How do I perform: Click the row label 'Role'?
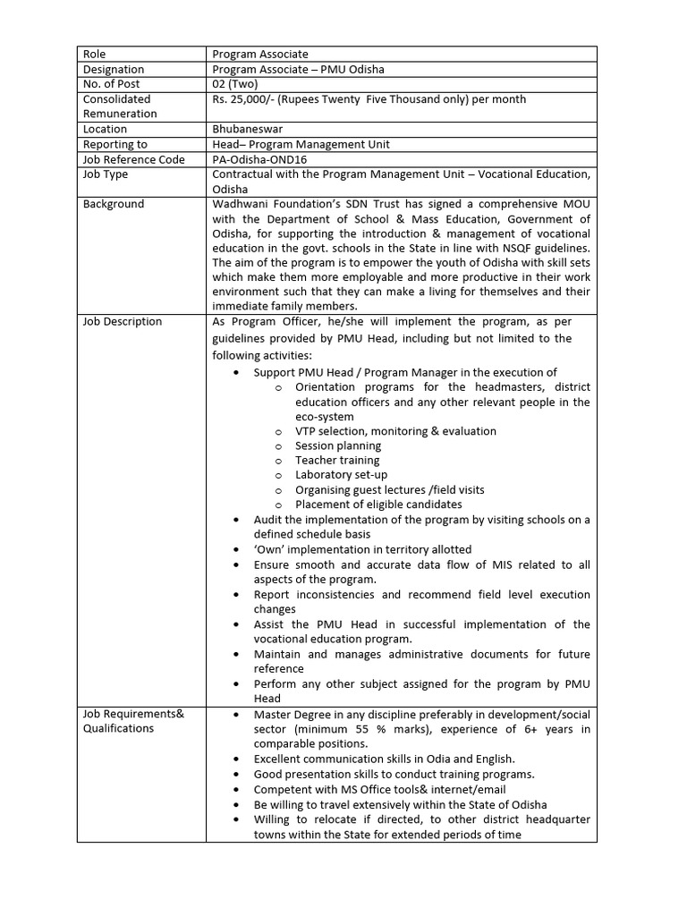[x=94, y=55]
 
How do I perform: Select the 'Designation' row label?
[x=114, y=70]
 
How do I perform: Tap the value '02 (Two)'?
[x=235, y=84]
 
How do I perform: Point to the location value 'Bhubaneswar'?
[x=248, y=129]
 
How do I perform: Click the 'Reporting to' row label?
[x=115, y=144]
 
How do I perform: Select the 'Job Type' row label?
[x=106, y=174]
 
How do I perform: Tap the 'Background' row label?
[x=114, y=204]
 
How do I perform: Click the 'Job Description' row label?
[x=123, y=321]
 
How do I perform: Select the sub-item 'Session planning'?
[x=338, y=445]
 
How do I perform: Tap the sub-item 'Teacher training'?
[x=337, y=461]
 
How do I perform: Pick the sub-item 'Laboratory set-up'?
[x=341, y=475]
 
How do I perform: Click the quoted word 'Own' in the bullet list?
[x=271, y=549]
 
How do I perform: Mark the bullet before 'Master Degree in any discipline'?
[x=235, y=716]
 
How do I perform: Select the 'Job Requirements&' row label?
[x=127, y=714]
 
